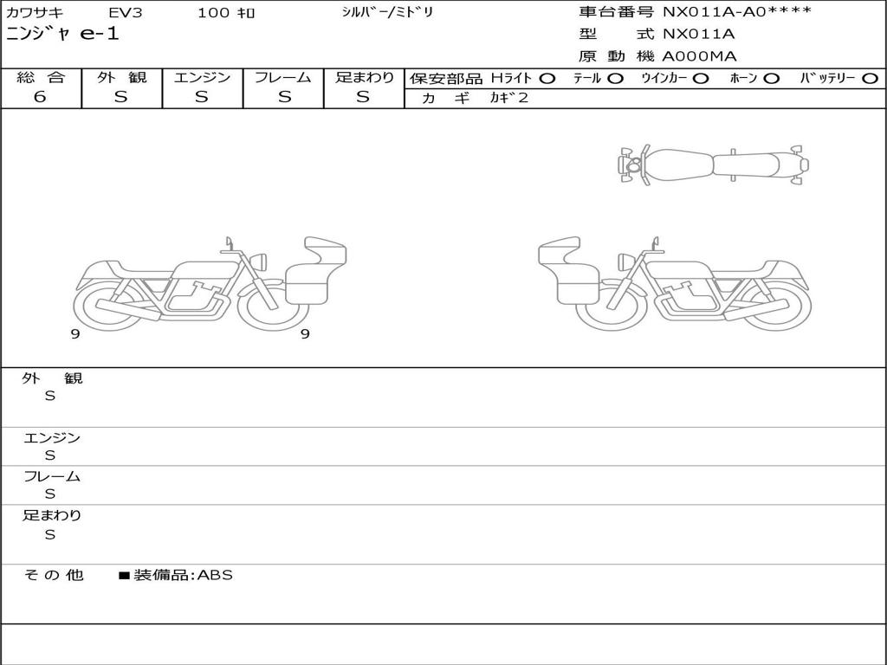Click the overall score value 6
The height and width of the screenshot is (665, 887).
tap(40, 97)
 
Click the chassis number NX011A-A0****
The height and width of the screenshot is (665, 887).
tap(737, 12)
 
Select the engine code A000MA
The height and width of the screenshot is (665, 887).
tap(699, 56)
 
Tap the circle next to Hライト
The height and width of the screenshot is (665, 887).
tap(547, 79)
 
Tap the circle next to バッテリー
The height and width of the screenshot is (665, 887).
tap(870, 79)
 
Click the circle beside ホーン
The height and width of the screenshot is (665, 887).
tap(771, 79)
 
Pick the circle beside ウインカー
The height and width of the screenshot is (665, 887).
tap(700, 79)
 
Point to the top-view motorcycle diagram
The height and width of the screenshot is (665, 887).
tap(714, 165)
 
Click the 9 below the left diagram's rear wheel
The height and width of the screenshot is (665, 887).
tap(75, 334)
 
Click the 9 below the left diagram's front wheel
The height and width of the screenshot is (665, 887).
tap(305, 334)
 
